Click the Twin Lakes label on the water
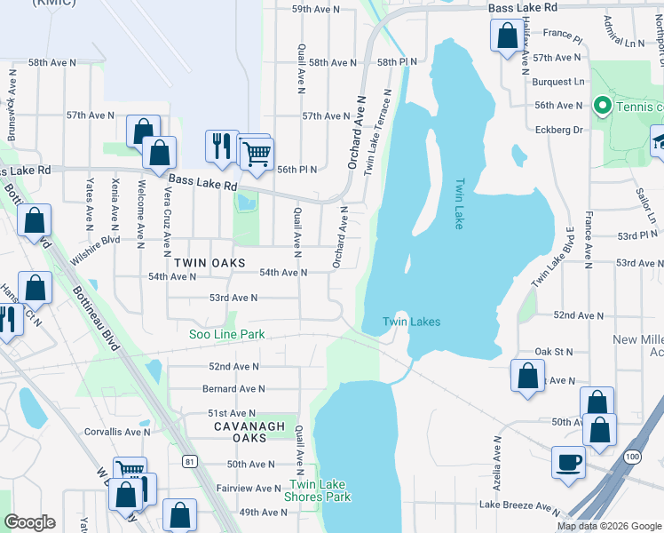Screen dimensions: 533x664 point(411,322)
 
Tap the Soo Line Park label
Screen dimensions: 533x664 point(227,335)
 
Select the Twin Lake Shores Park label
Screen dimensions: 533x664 point(317,490)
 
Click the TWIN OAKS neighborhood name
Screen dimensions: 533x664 point(206,263)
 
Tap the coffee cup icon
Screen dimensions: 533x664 point(568,462)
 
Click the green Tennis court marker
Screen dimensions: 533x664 point(601,107)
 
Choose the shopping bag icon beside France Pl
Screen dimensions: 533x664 point(507,37)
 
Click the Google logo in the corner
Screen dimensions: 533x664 point(29,522)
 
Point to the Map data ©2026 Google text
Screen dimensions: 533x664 point(609,526)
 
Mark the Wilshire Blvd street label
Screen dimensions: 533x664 point(97,240)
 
